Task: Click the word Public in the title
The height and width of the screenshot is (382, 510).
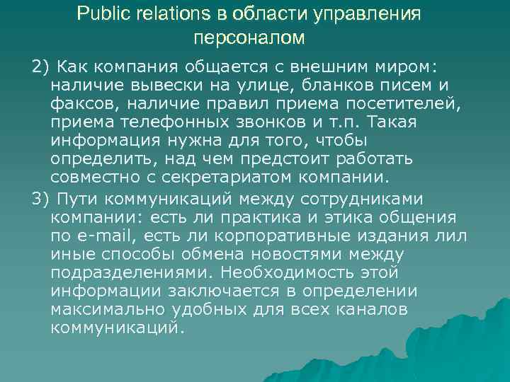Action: [x=99, y=14]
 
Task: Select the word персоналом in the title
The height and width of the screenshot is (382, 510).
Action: [x=249, y=36]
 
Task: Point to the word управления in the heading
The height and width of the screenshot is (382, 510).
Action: [x=367, y=14]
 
